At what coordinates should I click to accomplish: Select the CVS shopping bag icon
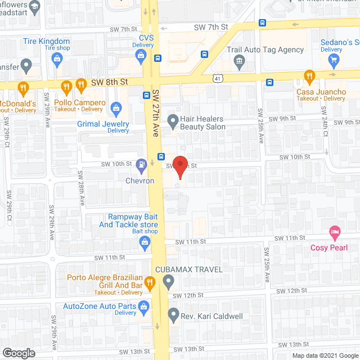coord(141,55)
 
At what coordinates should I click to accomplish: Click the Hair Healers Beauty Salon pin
coord(173,119)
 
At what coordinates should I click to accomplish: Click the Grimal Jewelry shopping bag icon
coord(116,107)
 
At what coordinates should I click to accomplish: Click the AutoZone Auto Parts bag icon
coord(144,307)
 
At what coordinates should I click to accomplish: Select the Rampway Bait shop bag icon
coord(144,242)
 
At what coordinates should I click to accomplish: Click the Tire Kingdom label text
coord(47,41)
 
